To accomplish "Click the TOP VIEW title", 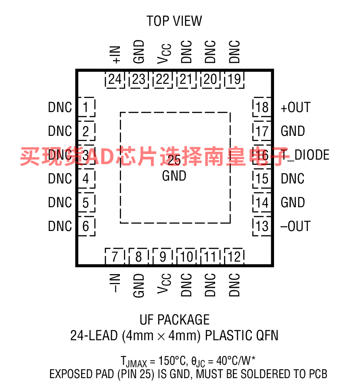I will pos(174,21).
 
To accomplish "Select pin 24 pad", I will pos(115,79).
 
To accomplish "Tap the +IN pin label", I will pos(115,54).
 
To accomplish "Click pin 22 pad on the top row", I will pos(163,79).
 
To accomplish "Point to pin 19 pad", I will pos(234,79).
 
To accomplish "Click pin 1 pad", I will pos(86,108).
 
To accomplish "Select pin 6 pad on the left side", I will pos(86,227).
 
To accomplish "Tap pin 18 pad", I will pos(262,108).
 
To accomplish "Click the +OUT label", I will pos(296,108).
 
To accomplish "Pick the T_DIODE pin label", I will pos(305,155).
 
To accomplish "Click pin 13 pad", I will pos(262,227).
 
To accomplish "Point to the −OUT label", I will pos(296,227).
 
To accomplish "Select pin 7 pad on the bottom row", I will pos(115,256).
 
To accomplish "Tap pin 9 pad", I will pos(163,256).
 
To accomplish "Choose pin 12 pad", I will pos(234,256).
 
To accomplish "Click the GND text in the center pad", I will pos(174,176).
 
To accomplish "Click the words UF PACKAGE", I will pos(174,320).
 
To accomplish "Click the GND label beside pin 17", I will pos(293,131).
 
